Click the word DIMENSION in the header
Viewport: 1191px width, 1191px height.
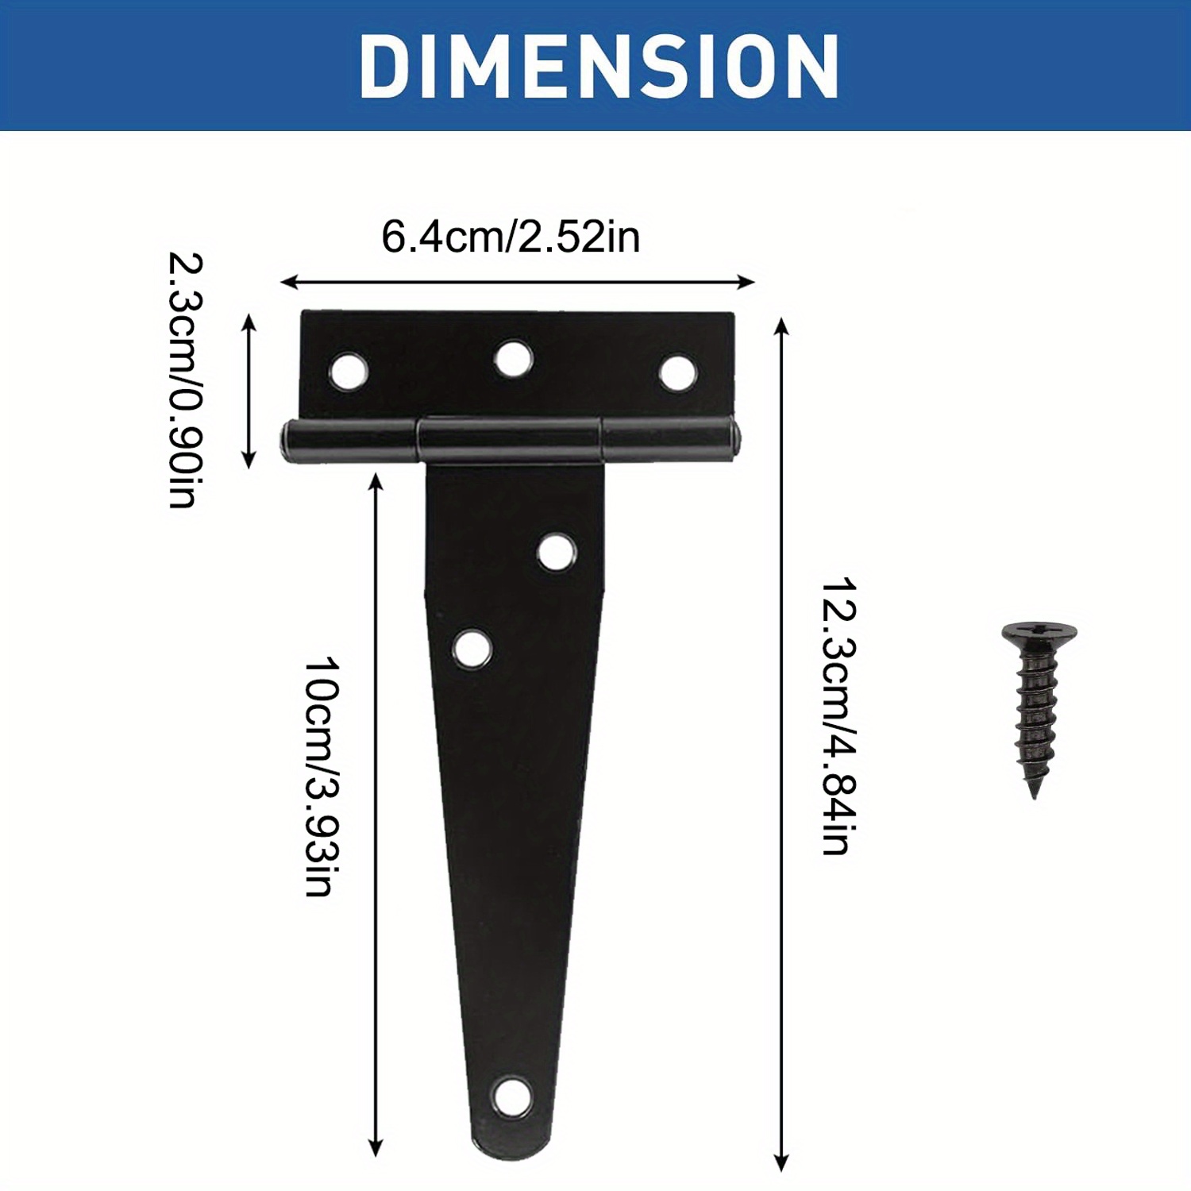[x=599, y=67]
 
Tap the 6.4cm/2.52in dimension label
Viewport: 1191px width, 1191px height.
[x=511, y=237]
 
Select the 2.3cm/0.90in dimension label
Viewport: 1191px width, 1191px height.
[x=185, y=380]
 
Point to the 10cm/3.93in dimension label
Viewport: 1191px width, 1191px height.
[x=322, y=776]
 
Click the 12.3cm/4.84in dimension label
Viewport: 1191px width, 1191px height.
[x=838, y=716]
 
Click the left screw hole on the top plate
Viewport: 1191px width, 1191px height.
[x=348, y=371]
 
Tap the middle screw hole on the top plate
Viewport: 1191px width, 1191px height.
[x=513, y=359]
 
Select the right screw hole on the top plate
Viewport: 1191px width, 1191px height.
[x=677, y=373]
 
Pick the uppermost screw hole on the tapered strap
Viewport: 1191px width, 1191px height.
[x=556, y=553]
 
